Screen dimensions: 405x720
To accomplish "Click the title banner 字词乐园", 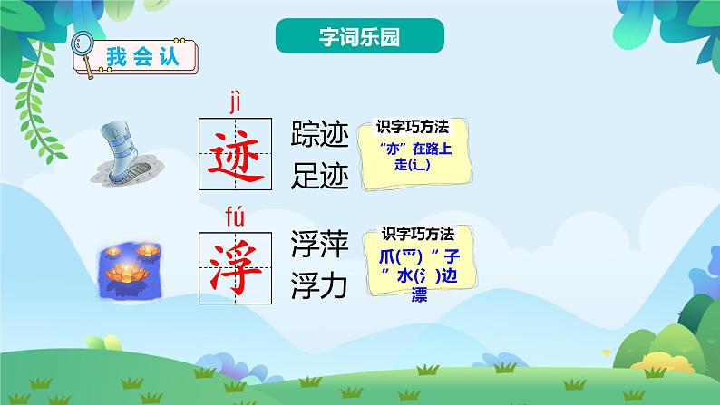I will point(360,38).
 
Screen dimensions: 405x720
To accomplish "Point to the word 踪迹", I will point(319,134).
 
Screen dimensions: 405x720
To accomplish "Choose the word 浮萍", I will point(319,244).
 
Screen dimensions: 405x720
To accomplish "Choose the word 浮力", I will point(319,286).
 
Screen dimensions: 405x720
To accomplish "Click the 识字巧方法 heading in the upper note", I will point(414,128).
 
